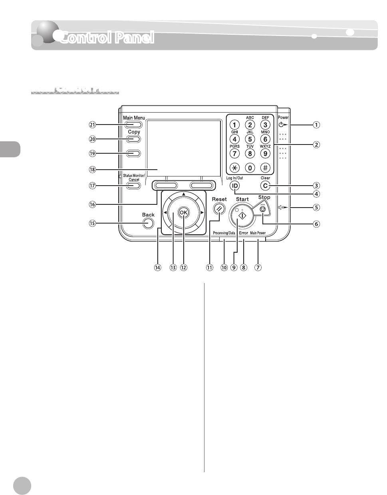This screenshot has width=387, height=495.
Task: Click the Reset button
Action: click(x=219, y=208)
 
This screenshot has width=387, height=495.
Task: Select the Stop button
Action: click(x=262, y=209)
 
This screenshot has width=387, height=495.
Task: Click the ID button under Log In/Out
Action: click(x=235, y=186)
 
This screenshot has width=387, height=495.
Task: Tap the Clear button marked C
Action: click(x=265, y=186)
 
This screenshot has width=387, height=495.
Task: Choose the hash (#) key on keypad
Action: click(x=265, y=168)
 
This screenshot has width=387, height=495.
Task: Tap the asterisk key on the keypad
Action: click(x=235, y=168)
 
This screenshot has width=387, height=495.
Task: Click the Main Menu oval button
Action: click(x=133, y=125)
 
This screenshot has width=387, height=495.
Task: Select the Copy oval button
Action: click(x=133, y=139)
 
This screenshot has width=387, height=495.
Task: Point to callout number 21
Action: click(x=93, y=125)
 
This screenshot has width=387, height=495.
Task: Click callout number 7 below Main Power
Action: click(x=258, y=267)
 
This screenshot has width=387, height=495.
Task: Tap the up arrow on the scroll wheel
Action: click(x=183, y=194)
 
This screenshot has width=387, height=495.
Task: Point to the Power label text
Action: click(x=283, y=117)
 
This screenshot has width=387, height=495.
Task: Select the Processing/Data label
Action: click(x=224, y=233)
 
